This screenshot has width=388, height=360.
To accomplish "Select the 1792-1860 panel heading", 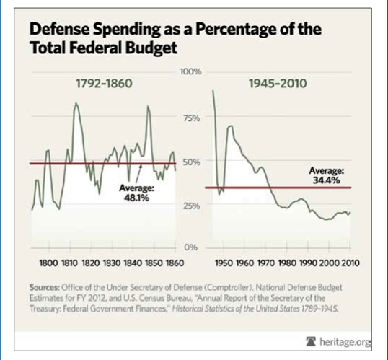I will [x=105, y=84].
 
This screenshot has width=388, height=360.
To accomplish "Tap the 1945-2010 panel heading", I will [x=277, y=84].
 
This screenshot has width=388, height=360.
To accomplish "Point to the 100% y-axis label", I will [x=190, y=73].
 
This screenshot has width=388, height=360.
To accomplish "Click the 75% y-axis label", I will [x=191, y=118].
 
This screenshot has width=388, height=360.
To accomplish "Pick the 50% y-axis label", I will [x=191, y=162].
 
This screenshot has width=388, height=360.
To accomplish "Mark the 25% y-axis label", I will [x=191, y=206].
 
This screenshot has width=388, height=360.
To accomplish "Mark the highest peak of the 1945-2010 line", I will [x=213, y=91].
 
